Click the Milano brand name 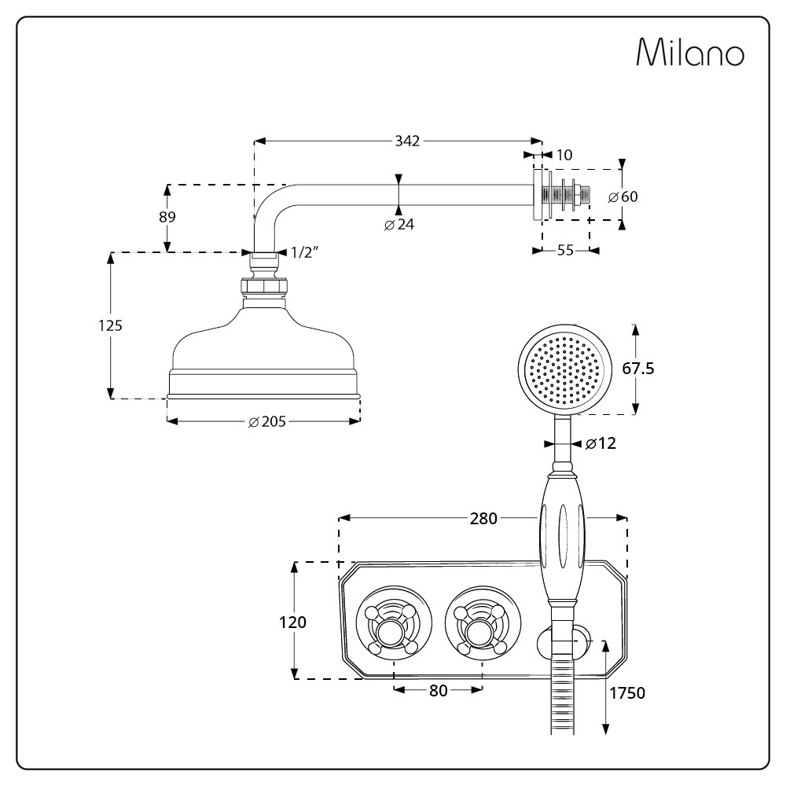[x=689, y=53]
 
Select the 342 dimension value [x=407, y=141]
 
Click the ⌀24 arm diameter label [x=399, y=224]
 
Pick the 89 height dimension [x=167, y=217]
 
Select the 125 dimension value [x=111, y=325]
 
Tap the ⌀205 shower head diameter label [x=266, y=421]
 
